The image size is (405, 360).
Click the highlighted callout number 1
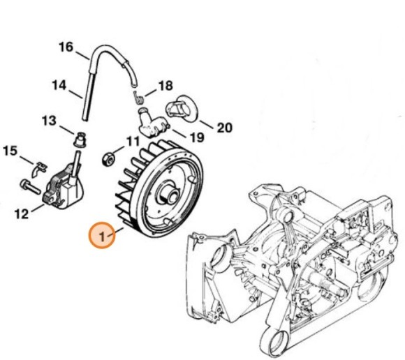coord(102,237)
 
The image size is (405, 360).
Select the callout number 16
coord(66,47)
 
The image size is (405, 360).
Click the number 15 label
coord(10,150)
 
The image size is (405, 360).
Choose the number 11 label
coord(133,142)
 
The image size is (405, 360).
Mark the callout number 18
coord(165,86)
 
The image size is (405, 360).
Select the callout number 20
coord(223,128)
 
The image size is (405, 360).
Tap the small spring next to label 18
coord(139,93)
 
